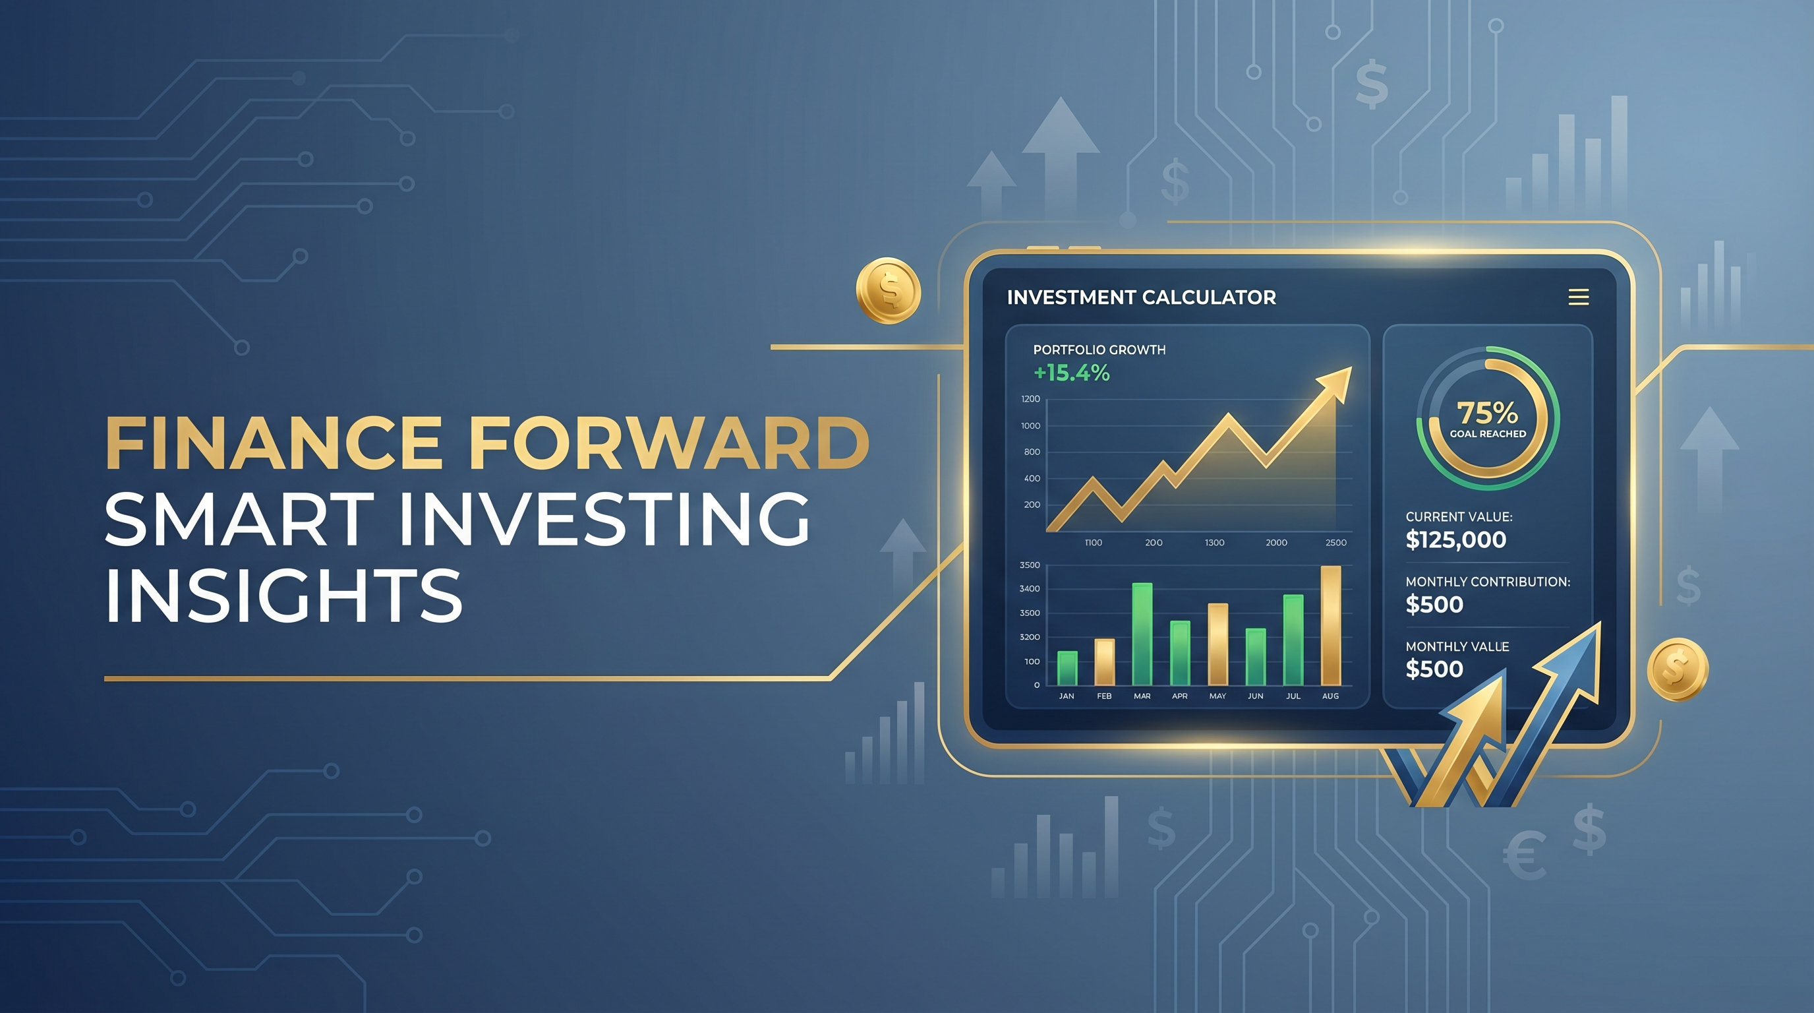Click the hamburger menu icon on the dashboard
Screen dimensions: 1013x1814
1578,297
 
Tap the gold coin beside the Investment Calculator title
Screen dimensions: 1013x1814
888,290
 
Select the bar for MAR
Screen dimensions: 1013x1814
1142,634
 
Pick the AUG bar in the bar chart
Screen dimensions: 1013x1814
1330,626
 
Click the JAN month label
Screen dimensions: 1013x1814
1066,696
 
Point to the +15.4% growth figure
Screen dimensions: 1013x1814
1071,373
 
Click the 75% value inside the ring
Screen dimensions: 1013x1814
1487,412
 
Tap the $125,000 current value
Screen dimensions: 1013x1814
1455,539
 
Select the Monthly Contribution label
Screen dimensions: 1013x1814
1487,582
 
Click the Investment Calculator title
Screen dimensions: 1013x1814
1141,297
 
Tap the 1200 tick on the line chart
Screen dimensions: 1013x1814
1030,400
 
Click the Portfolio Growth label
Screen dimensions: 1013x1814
1099,350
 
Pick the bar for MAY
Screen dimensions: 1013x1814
1217,644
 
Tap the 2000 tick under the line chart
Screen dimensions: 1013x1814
1276,542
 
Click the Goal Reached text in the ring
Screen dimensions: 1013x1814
1487,434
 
